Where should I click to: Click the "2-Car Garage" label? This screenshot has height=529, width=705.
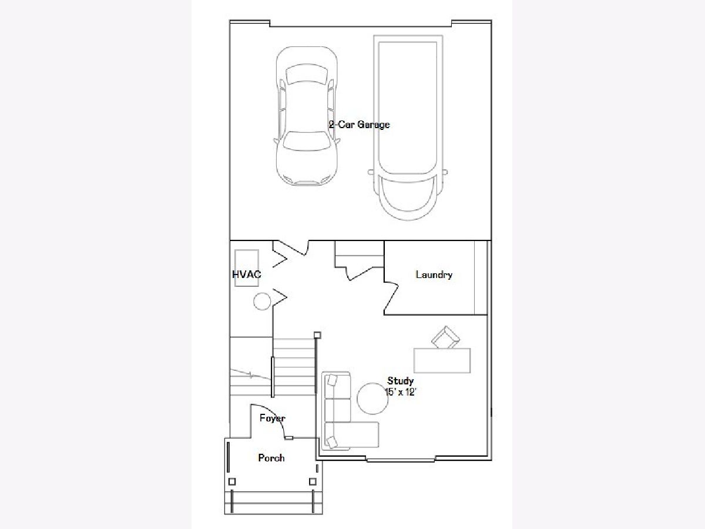(x=359, y=125)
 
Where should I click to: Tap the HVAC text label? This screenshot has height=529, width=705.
(x=247, y=274)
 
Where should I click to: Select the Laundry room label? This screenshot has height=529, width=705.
(x=434, y=274)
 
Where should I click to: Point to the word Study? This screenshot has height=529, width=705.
(x=400, y=381)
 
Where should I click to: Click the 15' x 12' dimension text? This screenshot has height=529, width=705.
(x=401, y=392)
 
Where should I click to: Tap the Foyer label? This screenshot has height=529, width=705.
(x=273, y=418)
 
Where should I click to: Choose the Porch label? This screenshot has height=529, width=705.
(x=271, y=458)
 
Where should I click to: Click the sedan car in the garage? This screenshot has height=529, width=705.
(x=307, y=116)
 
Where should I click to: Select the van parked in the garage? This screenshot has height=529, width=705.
(x=408, y=128)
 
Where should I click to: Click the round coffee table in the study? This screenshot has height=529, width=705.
(x=372, y=399)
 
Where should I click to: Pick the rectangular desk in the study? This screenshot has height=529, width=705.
(x=442, y=360)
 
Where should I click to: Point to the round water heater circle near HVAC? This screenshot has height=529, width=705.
(x=262, y=302)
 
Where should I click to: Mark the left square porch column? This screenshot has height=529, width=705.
(x=232, y=482)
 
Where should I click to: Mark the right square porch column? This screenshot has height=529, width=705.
(x=313, y=482)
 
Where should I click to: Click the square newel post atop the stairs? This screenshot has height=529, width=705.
(x=317, y=335)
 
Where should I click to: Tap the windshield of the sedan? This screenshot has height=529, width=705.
(x=307, y=140)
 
